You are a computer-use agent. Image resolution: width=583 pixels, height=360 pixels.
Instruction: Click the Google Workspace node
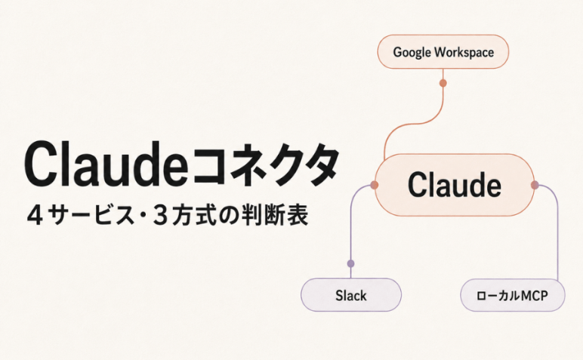[443, 51]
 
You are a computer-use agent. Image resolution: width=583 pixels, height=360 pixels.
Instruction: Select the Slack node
[351, 295]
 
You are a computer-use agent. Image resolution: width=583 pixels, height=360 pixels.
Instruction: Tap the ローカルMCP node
[513, 295]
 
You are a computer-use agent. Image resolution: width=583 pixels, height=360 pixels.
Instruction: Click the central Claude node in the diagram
[455, 185]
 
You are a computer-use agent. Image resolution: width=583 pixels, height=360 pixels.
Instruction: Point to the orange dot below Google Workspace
[443, 83]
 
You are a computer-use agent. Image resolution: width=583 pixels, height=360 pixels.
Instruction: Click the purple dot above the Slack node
[350, 264]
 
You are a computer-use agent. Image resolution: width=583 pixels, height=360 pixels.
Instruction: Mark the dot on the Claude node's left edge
[375, 185]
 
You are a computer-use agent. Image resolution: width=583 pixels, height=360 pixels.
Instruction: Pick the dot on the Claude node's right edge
[535, 185]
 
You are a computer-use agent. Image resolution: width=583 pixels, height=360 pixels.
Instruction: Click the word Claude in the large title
[106, 165]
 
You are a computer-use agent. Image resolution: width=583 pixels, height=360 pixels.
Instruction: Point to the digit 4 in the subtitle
[35, 217]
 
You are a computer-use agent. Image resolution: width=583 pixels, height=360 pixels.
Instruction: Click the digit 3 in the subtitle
[160, 217]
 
